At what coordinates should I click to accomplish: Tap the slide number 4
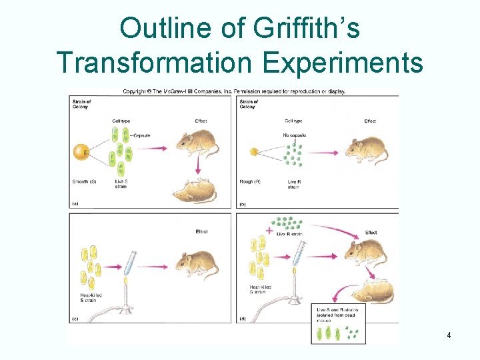click(449, 335)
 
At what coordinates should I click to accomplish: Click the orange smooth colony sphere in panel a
click(81, 151)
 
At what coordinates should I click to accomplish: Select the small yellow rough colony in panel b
click(253, 152)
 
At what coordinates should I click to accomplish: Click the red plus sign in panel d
click(269, 231)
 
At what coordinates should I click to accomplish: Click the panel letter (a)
click(75, 203)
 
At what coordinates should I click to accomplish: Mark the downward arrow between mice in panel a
click(197, 171)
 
